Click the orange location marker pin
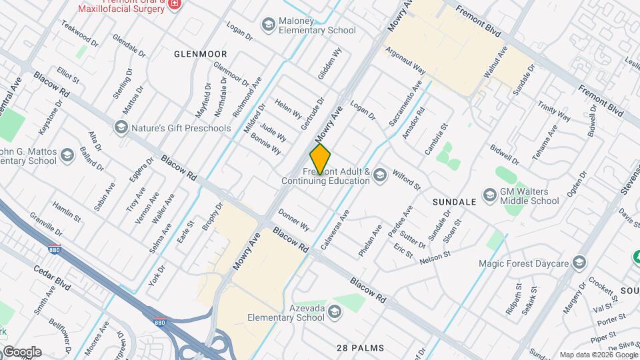[320, 159]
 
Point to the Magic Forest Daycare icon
[579, 263]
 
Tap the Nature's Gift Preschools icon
[121, 126]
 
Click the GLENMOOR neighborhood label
[201, 54]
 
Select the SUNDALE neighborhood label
[454, 201]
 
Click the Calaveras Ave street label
[335, 230]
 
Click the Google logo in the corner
[21, 352]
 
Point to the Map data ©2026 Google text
[598, 355]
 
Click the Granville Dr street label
[46, 225]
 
